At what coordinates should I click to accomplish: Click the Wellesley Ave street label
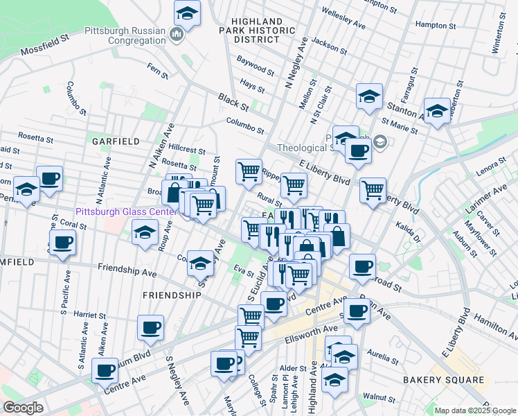click(x=343, y=19)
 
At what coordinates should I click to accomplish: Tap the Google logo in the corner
click(x=23, y=408)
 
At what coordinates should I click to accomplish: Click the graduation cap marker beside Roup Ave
click(x=145, y=232)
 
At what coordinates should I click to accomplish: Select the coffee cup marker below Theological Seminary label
click(x=357, y=150)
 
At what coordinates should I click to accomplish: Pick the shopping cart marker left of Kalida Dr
click(x=373, y=189)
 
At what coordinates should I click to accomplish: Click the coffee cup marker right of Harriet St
click(x=150, y=328)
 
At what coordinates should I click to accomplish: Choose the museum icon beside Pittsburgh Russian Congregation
click(x=177, y=35)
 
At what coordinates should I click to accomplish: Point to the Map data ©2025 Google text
click(x=475, y=410)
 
